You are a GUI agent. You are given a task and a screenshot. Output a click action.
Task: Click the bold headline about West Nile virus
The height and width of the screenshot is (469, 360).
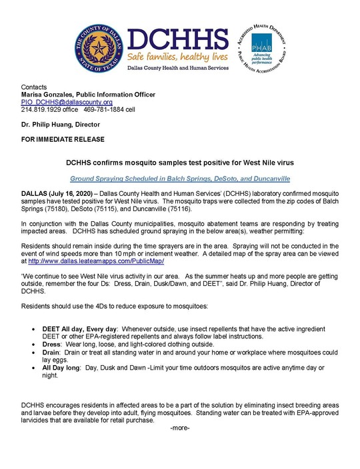(180, 162)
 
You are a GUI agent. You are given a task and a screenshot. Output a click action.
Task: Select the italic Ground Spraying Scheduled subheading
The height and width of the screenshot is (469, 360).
(180, 179)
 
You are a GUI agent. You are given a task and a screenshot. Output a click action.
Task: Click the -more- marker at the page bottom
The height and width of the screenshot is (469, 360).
(180, 428)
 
